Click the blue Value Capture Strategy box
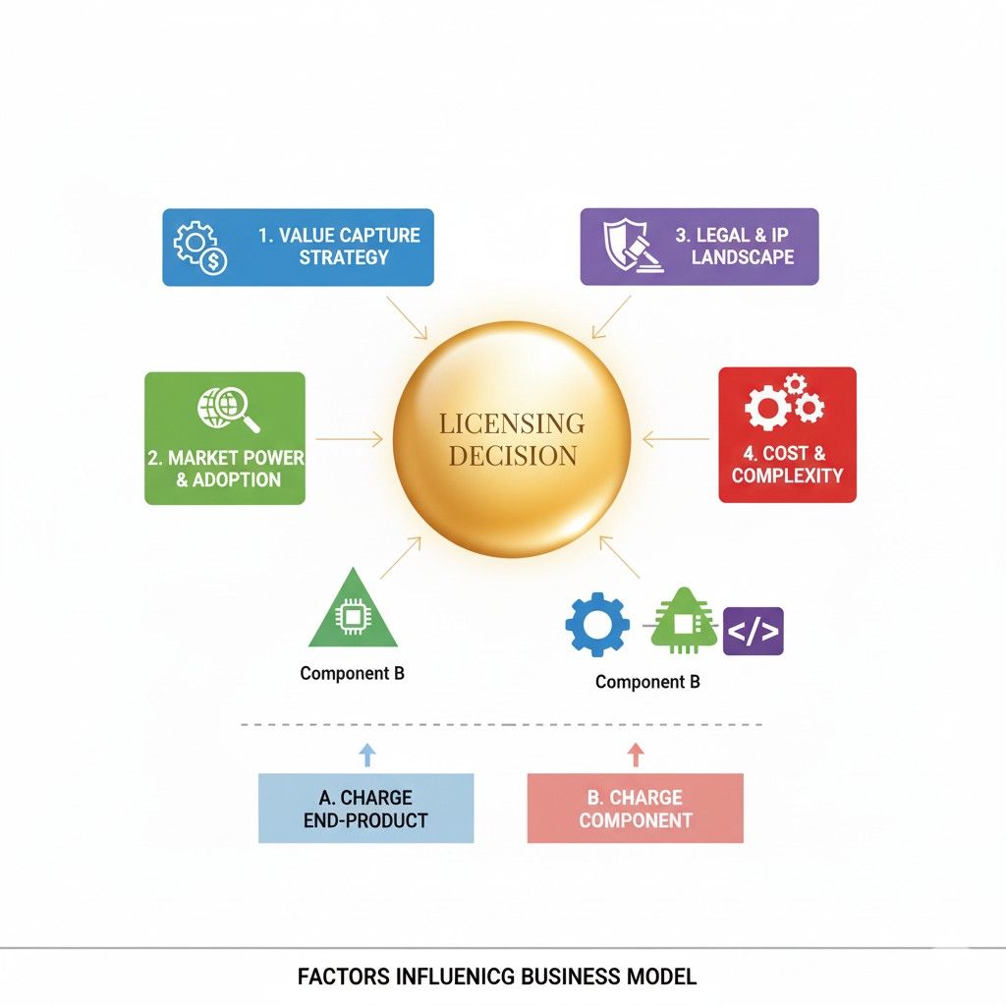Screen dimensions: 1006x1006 298,247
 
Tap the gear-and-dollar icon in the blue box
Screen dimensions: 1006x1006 199,247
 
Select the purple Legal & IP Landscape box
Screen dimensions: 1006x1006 699,247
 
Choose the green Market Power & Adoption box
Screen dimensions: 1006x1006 225,438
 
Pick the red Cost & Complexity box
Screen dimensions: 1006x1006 787,435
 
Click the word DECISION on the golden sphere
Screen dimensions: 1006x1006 512,456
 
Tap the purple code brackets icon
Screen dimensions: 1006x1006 753,631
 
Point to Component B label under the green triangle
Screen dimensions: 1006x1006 352,674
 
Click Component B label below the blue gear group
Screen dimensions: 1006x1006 647,682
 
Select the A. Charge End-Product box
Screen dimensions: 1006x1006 365,808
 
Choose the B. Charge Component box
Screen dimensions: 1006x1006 635,808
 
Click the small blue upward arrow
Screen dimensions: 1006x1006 366,754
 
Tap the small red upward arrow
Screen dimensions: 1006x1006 635,754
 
